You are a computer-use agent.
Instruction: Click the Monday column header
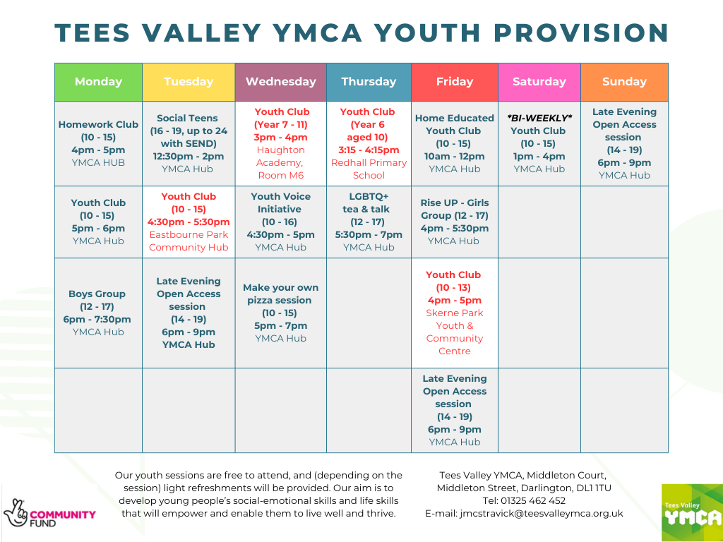tap(98, 82)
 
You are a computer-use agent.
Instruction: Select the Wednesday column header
tap(281, 82)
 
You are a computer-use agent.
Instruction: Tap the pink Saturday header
tap(539, 82)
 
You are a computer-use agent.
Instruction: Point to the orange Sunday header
tap(624, 82)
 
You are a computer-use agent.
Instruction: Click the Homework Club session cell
tap(98, 144)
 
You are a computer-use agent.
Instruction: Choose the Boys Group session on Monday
tap(98, 313)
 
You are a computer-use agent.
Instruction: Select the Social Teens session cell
tap(189, 144)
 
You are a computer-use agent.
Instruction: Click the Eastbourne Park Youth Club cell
tap(189, 222)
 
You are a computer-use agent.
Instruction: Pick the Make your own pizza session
tap(281, 313)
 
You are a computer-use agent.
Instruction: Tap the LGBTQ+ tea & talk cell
tap(369, 222)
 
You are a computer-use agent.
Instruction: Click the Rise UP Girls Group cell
tap(455, 222)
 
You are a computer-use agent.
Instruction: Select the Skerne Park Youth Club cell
tap(455, 313)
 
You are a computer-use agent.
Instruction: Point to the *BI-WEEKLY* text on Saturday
tap(539, 118)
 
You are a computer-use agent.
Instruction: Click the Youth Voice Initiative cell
tap(281, 222)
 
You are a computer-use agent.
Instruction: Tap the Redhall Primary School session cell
tap(369, 144)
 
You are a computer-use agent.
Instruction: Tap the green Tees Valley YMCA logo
tap(692, 513)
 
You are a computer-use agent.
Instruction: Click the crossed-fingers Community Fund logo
tap(50, 513)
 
